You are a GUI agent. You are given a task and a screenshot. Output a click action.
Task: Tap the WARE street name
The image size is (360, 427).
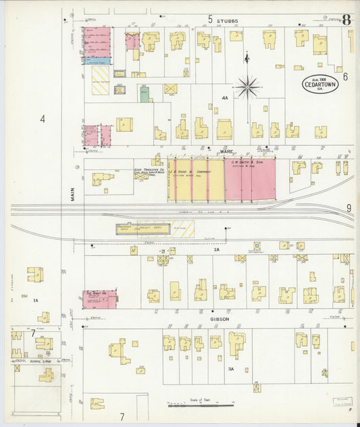[226, 153]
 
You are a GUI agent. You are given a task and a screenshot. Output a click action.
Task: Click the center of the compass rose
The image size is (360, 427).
[247, 86]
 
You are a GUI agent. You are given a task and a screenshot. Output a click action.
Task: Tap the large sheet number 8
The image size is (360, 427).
[346, 19]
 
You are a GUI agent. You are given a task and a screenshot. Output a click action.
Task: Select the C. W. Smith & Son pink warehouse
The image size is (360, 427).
[249, 180]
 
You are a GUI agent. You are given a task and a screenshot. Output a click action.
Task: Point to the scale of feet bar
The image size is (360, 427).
[200, 405]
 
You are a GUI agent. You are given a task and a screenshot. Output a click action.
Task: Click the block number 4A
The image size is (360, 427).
[225, 98]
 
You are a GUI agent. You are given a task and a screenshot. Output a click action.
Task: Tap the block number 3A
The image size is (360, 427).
[231, 369]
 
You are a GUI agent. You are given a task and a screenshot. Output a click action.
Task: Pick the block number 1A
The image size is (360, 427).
[36, 299]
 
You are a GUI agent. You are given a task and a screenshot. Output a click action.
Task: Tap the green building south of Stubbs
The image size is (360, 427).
[144, 94]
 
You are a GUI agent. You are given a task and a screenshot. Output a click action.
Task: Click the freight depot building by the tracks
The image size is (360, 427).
[154, 229]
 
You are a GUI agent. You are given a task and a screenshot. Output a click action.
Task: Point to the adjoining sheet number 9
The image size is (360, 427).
[349, 208]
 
